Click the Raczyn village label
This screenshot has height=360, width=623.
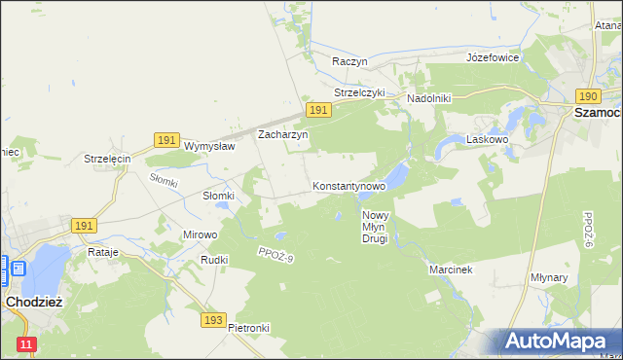(348, 60)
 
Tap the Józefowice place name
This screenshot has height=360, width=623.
(493, 57)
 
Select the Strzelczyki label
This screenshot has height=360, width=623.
(360, 92)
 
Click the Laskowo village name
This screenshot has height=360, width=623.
(488, 139)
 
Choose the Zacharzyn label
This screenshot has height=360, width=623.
(282, 135)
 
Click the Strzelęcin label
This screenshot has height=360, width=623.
(107, 159)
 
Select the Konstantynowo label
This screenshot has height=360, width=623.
(348, 185)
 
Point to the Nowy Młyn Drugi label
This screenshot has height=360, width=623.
(375, 226)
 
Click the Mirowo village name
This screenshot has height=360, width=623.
(201, 234)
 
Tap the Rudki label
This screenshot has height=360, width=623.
(213, 260)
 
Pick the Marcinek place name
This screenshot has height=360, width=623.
(450, 269)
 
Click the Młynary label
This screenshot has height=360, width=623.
(576, 276)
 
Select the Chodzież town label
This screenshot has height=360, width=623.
(34, 302)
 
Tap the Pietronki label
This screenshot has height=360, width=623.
(248, 328)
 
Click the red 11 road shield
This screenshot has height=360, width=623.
(26, 344)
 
